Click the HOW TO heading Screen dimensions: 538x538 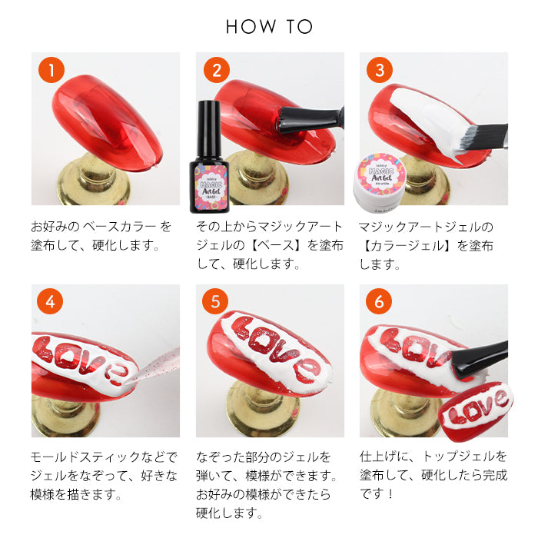(269, 26)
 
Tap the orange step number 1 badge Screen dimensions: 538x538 (51, 70)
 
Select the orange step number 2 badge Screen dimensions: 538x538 (217, 70)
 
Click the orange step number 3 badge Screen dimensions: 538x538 (380, 70)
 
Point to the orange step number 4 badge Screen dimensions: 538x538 (50, 301)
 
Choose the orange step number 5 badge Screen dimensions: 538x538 (215, 301)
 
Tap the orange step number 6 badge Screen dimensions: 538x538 (378, 301)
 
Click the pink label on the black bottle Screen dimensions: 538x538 (211, 188)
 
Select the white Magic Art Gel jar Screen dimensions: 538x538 (380, 183)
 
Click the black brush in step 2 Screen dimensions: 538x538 (310, 120)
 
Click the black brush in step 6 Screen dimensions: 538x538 (480, 360)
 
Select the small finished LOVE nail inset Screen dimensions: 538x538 (476, 411)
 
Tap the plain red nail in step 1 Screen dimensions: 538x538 (107, 121)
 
